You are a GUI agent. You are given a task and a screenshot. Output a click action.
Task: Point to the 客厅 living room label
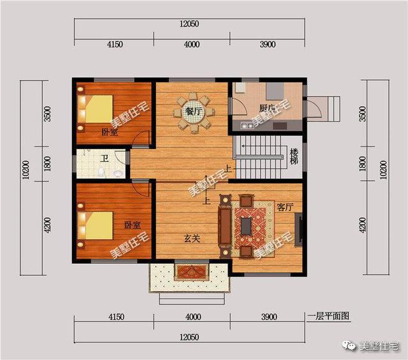pyautogui.click(x=285, y=207)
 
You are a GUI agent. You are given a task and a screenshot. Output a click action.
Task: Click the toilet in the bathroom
pyautogui.click(x=102, y=172)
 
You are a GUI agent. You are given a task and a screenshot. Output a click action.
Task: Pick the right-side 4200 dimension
pyautogui.click(x=363, y=225)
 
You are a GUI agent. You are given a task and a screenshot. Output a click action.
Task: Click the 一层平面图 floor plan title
pyautogui.click(x=329, y=316)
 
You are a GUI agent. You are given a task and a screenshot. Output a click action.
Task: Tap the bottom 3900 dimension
pyautogui.click(x=268, y=317)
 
